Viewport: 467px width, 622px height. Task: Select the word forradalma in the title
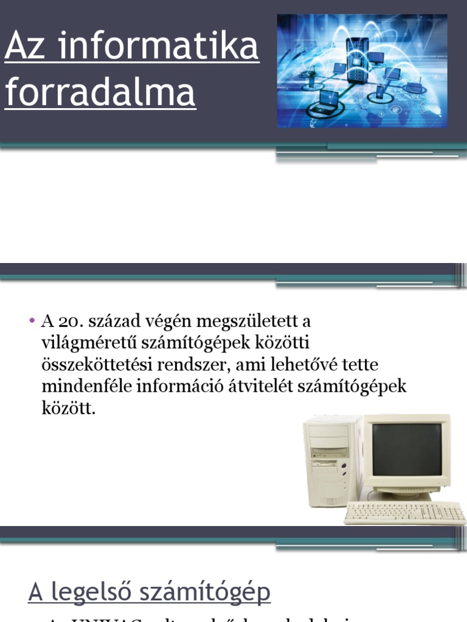pos(100,93)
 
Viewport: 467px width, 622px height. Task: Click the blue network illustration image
pos(362,71)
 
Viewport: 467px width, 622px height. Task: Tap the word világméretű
pos(86,343)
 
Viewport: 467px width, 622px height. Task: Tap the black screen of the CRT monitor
pos(406,449)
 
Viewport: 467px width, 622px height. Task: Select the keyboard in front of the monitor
pos(404,513)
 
